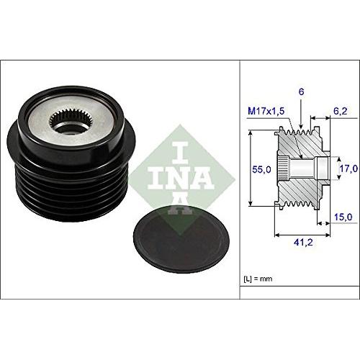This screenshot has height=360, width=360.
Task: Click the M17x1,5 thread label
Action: click(x=264, y=111)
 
